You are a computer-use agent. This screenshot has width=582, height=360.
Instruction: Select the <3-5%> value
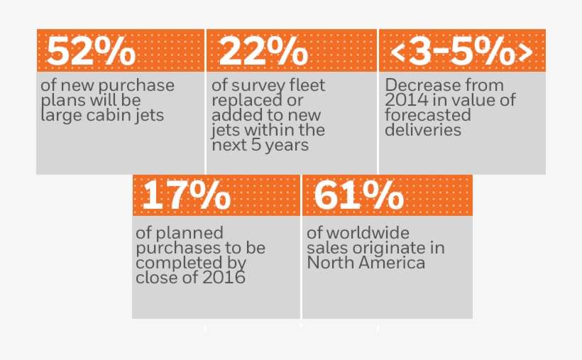462,51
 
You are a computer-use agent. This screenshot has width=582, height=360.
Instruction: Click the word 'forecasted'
428,115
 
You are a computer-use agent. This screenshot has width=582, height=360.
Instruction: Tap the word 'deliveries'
423,130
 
